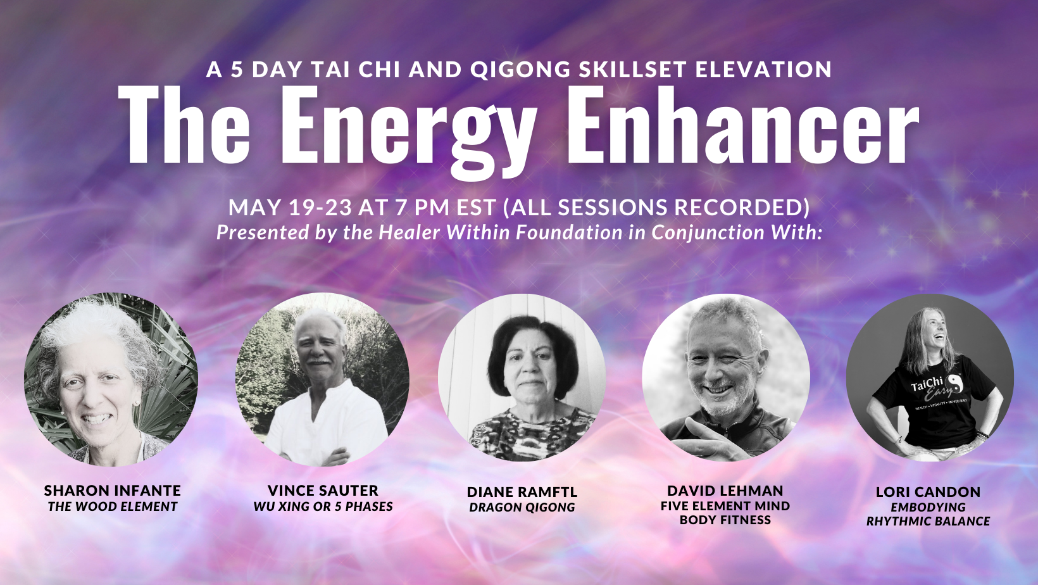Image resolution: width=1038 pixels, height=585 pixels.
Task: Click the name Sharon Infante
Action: tap(113, 491)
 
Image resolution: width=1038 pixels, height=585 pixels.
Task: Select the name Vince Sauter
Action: tap(323, 491)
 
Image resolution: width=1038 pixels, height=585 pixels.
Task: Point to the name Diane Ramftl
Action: tap(522, 492)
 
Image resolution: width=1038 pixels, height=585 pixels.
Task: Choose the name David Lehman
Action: tap(725, 491)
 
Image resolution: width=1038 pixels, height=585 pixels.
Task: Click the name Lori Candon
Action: tap(928, 492)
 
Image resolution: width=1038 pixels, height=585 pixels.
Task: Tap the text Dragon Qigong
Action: tap(522, 507)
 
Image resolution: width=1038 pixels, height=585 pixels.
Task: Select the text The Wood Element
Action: tap(113, 506)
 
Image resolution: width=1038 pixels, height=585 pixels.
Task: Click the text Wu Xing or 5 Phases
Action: tap(323, 506)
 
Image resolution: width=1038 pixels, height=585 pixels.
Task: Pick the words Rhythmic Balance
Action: tap(928, 521)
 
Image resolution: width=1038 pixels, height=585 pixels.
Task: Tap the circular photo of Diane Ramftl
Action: tap(522, 377)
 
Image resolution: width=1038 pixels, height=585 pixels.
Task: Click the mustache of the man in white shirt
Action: tap(319, 361)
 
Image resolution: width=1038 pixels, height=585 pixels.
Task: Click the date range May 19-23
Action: tap(291, 207)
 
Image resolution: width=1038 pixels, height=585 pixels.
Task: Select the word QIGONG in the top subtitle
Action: tap(520, 70)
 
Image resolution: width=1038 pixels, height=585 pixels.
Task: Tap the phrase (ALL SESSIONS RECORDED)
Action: tap(656, 207)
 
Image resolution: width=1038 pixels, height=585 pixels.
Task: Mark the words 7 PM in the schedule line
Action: tap(422, 207)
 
